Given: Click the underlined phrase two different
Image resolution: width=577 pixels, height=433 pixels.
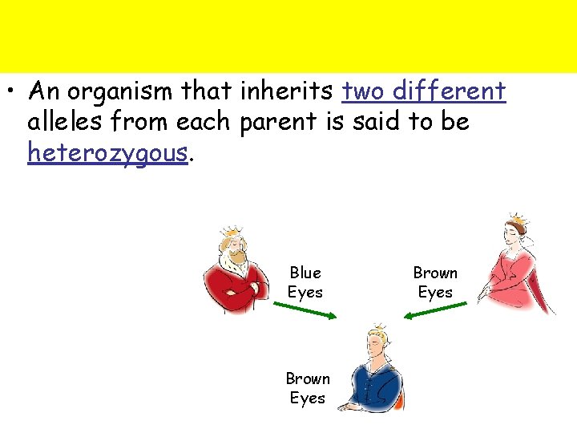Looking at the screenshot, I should click(x=423, y=92).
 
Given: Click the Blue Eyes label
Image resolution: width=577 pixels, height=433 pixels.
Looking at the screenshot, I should click(x=305, y=283).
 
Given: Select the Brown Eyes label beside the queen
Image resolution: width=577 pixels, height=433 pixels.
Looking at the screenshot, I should click(x=435, y=283).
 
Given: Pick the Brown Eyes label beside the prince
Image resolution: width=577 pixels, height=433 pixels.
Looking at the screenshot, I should click(x=308, y=388).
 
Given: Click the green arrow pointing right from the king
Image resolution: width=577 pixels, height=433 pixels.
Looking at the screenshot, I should click(x=309, y=312).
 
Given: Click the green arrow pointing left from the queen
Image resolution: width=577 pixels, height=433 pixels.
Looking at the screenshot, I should click(x=431, y=313).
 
